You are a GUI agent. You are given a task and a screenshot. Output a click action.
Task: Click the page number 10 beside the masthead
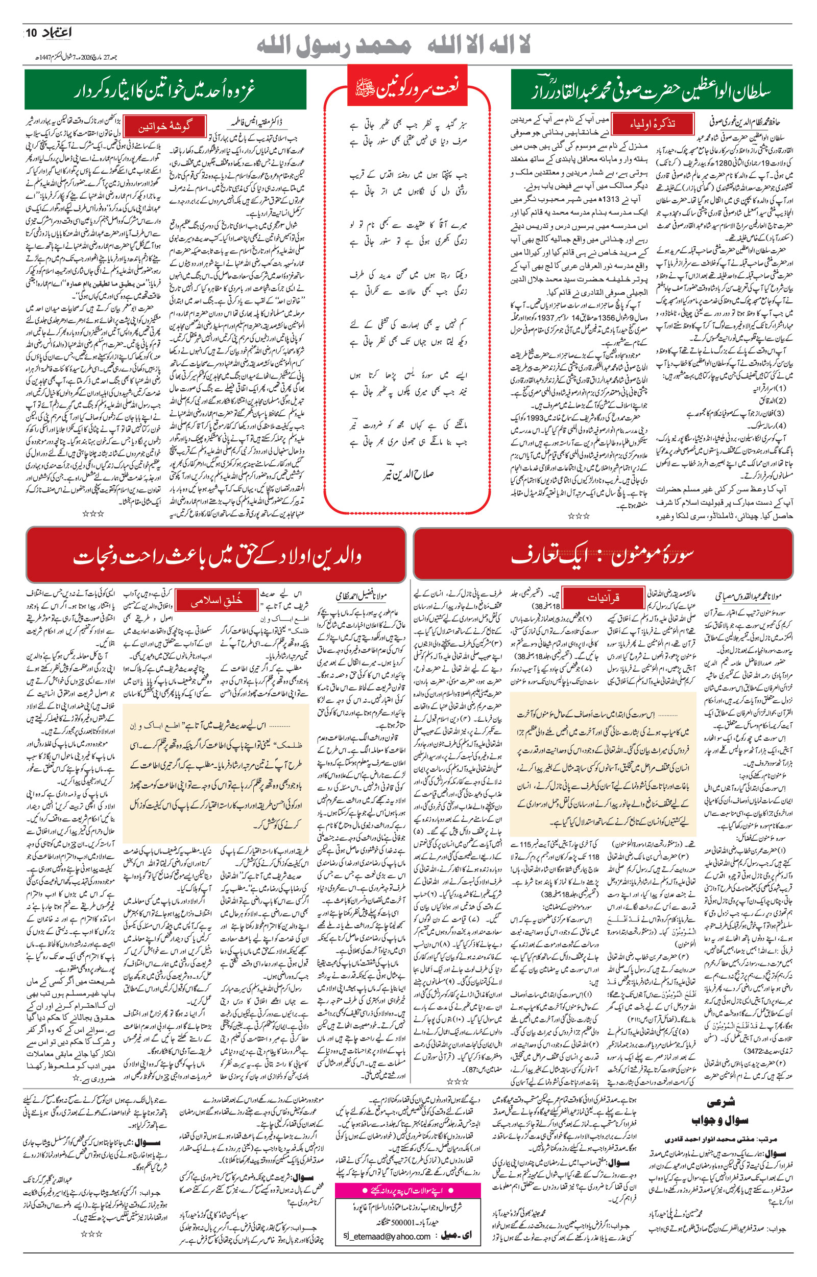(x=31, y=33)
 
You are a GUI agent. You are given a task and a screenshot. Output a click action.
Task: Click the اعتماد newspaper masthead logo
(x=57, y=33)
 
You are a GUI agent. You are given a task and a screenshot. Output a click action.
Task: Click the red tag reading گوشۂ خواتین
(x=164, y=127)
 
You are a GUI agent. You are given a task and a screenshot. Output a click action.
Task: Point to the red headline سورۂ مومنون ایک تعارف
(x=603, y=554)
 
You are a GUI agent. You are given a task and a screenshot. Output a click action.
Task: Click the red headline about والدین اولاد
(x=216, y=555)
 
